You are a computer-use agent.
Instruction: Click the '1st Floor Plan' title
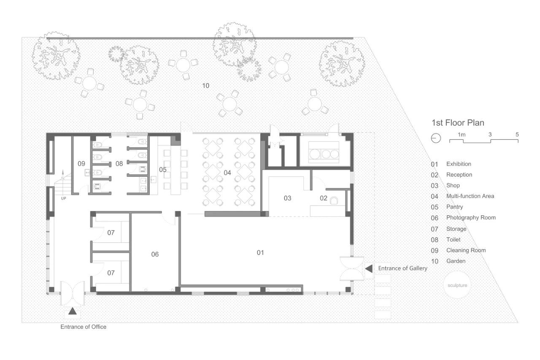[458, 123]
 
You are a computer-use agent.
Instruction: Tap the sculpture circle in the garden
[457, 285]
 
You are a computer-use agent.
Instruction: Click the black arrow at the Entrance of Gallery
[369, 268]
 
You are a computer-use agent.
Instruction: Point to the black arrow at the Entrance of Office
[72, 311]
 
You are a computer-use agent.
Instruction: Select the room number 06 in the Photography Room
[155, 254]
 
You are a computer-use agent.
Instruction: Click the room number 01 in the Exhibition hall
[260, 252]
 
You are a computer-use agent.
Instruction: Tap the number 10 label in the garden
[205, 86]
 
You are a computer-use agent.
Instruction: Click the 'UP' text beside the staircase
[63, 198]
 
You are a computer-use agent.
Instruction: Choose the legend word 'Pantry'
[454, 207]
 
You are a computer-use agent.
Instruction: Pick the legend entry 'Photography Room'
[471, 217]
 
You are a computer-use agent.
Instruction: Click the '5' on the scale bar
[517, 134]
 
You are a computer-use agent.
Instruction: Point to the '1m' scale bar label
[462, 135]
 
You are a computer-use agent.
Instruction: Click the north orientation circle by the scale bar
[436, 138]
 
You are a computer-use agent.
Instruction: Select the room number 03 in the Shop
[287, 198]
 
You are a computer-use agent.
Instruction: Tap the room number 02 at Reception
[324, 198]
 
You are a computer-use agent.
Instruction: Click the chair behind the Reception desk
[334, 200]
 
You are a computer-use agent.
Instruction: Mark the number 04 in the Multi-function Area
[227, 173]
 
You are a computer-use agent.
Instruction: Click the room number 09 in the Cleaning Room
[81, 164]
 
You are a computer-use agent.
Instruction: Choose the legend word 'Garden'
[456, 261]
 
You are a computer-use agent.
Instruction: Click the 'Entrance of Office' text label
[84, 327]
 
